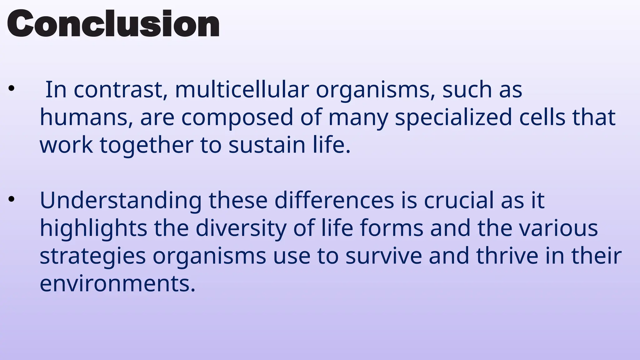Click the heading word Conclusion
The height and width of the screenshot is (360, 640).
[x=113, y=24]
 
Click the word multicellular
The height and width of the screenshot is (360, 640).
[x=242, y=90]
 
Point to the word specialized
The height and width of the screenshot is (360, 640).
[x=453, y=118]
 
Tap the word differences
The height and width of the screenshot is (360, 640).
[x=334, y=200]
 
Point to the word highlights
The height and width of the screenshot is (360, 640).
[x=93, y=229]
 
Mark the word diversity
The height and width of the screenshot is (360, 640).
[x=241, y=229]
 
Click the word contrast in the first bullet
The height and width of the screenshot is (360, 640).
[x=119, y=90]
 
